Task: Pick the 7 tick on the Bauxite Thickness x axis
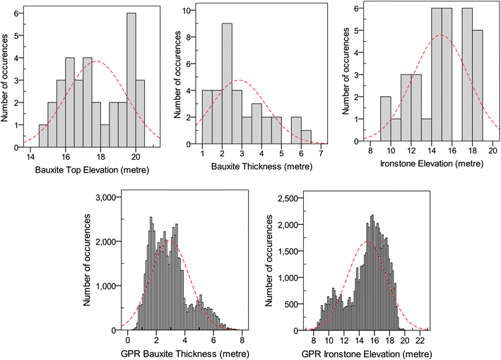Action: pyautogui.click(x=322, y=154)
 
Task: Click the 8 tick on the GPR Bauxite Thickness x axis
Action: pyautogui.click(x=242, y=339)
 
